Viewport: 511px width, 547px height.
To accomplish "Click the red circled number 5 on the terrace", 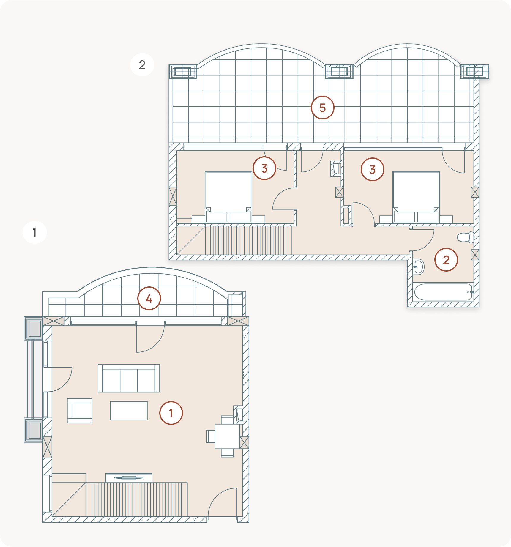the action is pos(322,108).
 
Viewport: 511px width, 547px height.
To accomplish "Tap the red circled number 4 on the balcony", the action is pos(149,298).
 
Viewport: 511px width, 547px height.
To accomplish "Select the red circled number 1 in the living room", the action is pos(171,413).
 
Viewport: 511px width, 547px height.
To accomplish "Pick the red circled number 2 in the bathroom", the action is pos(446,260).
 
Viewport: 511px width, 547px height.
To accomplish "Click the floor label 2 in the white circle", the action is pos(142,65).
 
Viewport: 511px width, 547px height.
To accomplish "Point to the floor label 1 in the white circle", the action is pos(35,232).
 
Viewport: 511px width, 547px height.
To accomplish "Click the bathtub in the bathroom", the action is pos(443,292).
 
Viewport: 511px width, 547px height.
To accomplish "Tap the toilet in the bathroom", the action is pos(466,237).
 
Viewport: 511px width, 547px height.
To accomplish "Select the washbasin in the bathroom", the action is pos(418,267).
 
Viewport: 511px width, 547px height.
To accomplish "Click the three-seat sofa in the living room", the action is pos(129,378).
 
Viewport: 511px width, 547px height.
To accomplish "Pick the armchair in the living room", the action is pos(80,411).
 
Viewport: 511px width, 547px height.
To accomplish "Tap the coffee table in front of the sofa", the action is pos(129,411).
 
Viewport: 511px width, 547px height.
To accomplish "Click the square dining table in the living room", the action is pos(227,436).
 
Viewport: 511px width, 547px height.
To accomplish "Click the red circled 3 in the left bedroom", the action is pos(264,168).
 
